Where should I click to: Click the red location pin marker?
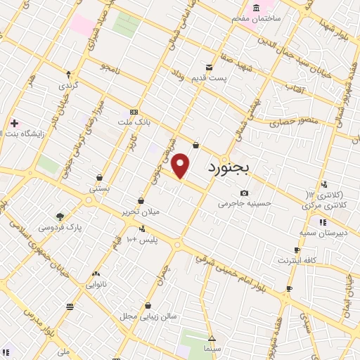(181, 166)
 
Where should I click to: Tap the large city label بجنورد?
(233, 169)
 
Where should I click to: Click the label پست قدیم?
(211, 78)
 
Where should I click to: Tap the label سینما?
(212, 349)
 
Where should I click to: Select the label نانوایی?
(95, 285)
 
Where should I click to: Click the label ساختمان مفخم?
(276, 17)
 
